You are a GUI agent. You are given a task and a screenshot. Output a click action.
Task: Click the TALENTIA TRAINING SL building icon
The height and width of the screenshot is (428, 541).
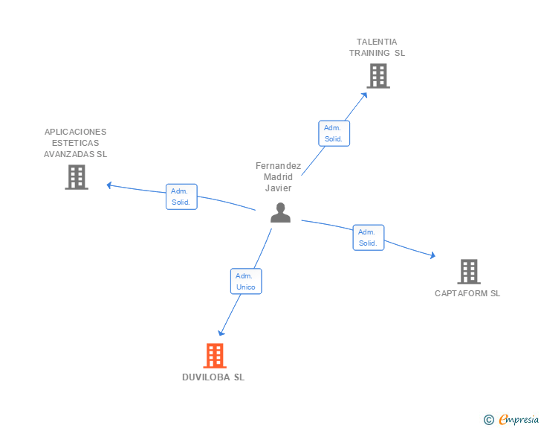click(x=378, y=76)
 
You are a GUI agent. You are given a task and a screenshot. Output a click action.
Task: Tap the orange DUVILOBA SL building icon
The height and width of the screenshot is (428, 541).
click(x=215, y=356)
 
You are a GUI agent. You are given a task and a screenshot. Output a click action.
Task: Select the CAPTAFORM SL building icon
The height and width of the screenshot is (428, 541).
click(x=468, y=272)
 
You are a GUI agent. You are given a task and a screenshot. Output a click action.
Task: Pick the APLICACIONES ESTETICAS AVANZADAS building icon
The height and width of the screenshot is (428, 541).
click(x=77, y=177)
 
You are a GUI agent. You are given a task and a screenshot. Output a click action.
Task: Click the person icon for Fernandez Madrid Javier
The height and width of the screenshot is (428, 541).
click(x=280, y=213)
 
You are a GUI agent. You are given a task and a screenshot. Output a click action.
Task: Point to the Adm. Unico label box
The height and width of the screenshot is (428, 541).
click(x=246, y=281)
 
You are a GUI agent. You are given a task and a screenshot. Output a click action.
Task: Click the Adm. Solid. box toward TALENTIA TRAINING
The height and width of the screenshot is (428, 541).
click(x=334, y=134)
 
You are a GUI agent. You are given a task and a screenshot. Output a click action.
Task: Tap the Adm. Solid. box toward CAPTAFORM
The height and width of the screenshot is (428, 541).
click(x=368, y=237)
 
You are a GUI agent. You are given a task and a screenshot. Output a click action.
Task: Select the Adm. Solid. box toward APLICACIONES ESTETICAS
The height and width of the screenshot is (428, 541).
click(x=181, y=197)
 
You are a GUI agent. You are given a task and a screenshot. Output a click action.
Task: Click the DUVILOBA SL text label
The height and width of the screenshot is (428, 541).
click(x=213, y=377)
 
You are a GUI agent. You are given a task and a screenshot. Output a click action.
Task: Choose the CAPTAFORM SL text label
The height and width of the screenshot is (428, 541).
click(x=467, y=293)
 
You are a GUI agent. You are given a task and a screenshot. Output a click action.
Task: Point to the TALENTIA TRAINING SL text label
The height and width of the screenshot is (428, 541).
click(x=377, y=48)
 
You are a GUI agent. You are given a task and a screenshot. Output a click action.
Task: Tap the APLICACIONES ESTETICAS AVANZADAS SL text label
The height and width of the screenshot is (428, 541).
click(x=76, y=143)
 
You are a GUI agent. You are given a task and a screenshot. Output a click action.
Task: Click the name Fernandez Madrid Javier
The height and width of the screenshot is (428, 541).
click(x=279, y=177)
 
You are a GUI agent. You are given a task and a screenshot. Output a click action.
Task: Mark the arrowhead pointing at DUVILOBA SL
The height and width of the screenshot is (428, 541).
click(x=220, y=333)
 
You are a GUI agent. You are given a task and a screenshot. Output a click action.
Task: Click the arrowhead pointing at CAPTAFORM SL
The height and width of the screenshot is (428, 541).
click(x=432, y=256)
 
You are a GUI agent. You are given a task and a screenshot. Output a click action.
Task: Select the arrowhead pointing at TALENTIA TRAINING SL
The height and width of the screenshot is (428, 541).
click(x=364, y=94)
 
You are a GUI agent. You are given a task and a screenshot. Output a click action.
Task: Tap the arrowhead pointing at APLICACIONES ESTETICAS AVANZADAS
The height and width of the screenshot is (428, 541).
click(x=109, y=185)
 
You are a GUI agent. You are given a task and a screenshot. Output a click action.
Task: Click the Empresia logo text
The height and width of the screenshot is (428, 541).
click(x=519, y=420)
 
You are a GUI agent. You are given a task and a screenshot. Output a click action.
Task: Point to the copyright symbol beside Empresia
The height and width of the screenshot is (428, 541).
click(x=488, y=421)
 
